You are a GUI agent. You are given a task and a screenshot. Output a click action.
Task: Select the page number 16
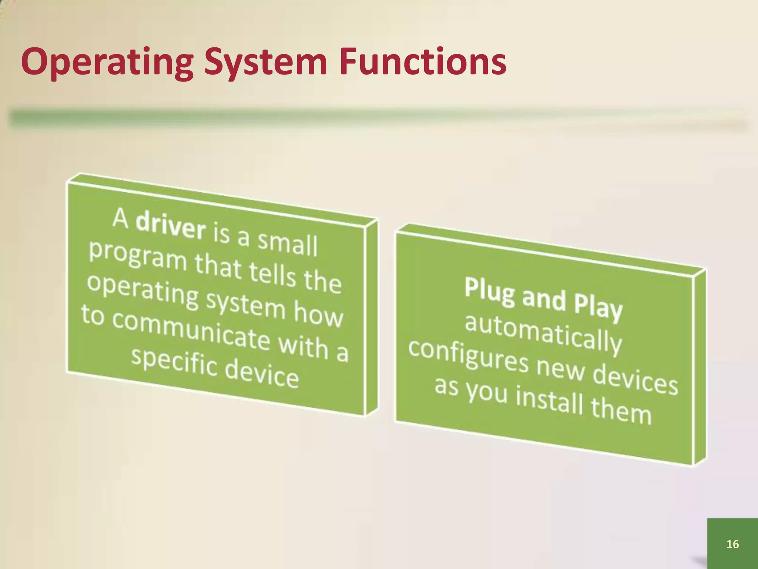tap(732, 544)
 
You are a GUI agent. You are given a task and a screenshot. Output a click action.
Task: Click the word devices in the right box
tap(635, 382)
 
